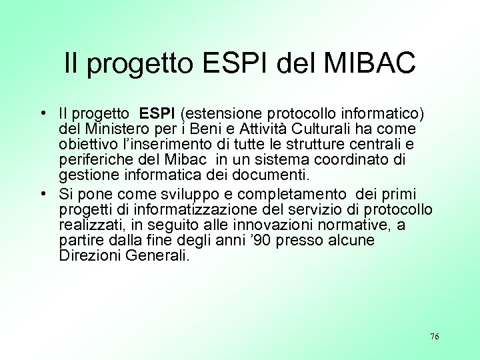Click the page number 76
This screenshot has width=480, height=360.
(435, 337)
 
